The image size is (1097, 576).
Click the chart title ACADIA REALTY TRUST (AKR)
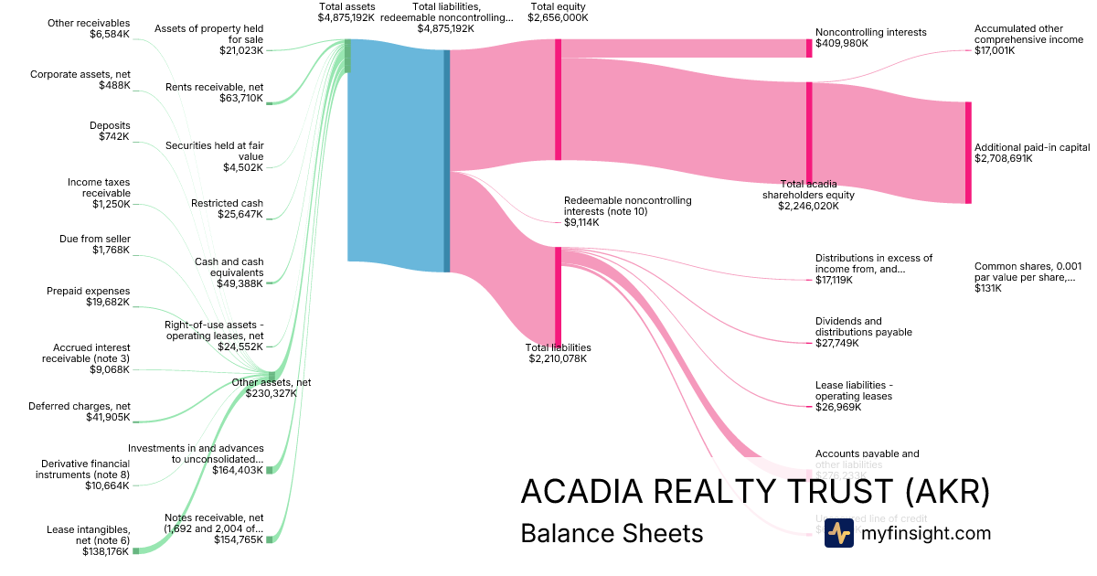click(x=754, y=492)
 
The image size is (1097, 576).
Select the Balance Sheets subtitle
click(x=612, y=534)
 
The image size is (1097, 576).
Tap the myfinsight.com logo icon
click(x=838, y=533)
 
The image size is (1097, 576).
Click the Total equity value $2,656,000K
click(x=558, y=17)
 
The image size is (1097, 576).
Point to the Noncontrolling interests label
click(x=870, y=32)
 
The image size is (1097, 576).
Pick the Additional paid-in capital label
click(x=1032, y=147)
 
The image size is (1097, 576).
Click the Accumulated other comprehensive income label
click(x=1028, y=34)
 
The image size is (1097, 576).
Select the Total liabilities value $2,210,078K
click(x=558, y=358)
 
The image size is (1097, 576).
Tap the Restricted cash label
click(x=227, y=203)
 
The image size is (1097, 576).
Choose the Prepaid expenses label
click(x=88, y=291)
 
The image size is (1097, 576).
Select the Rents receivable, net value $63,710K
click(x=241, y=98)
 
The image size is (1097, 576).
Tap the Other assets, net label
click(x=271, y=382)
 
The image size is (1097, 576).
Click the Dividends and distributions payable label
click(x=863, y=326)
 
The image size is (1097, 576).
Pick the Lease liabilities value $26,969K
click(x=834, y=407)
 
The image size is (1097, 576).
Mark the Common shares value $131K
click(x=987, y=288)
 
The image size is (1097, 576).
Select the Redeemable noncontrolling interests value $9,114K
click(x=581, y=222)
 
